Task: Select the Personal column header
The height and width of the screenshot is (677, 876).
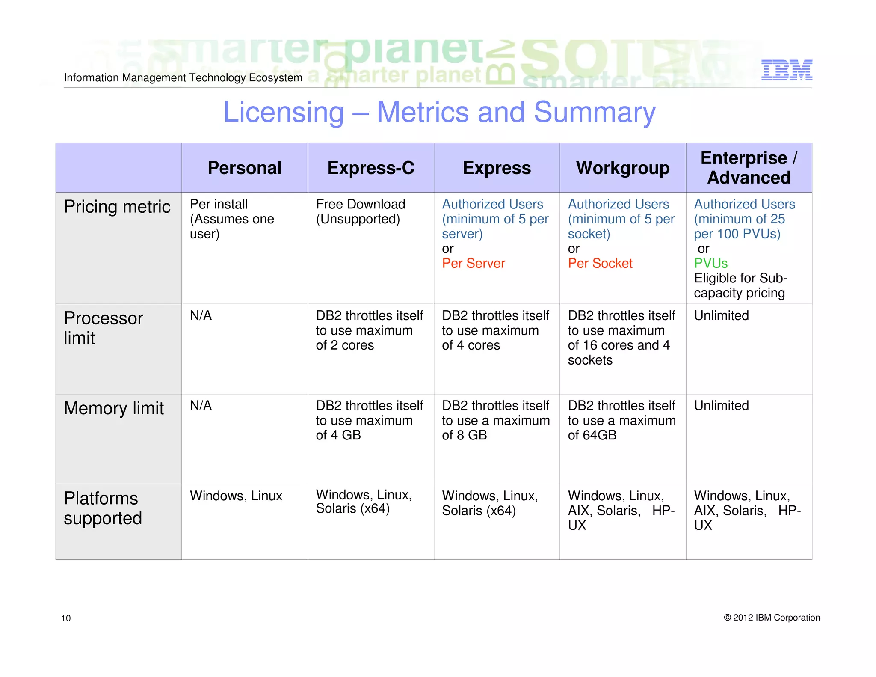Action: [244, 168]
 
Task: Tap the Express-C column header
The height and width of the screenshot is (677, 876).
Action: [370, 168]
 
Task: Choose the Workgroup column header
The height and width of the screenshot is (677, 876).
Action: [622, 168]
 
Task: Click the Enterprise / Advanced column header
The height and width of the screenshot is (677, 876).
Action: [749, 168]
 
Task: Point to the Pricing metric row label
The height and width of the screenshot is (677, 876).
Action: [117, 207]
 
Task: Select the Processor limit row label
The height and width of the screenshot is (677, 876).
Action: [103, 328]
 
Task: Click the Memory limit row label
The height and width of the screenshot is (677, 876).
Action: [114, 408]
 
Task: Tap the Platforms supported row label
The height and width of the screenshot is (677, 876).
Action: [103, 508]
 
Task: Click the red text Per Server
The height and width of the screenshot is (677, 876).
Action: [473, 263]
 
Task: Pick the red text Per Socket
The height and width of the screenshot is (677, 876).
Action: [600, 263]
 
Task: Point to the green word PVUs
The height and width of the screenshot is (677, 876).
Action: [710, 263]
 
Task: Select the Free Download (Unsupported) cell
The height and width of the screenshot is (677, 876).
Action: [361, 211]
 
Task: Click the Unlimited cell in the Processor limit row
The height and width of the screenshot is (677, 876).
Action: [721, 316]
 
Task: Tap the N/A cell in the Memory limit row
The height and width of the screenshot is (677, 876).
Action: [201, 406]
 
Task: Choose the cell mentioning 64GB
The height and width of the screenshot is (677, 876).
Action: [621, 420]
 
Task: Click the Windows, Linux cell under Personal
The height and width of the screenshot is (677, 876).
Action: [236, 496]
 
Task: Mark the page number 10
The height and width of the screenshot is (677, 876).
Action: [66, 618]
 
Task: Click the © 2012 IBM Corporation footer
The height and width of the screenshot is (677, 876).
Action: [771, 618]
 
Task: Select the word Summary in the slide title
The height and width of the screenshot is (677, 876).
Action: [595, 112]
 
